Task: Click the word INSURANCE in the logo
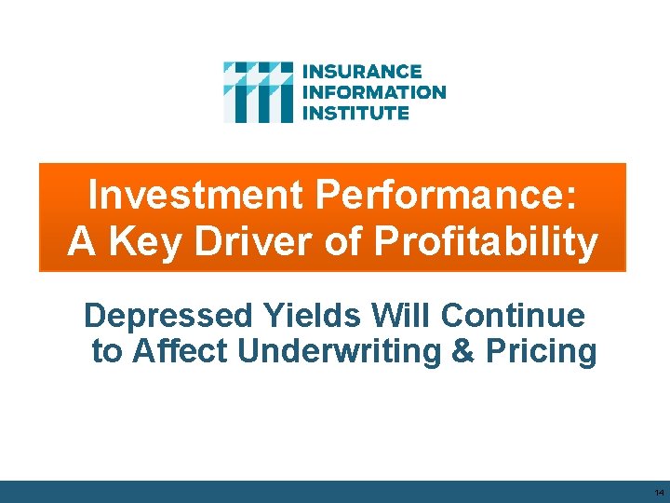(x=362, y=72)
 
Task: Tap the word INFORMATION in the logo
(x=375, y=92)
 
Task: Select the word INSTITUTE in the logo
(x=356, y=113)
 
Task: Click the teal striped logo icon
(x=258, y=92)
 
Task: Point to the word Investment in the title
(x=194, y=196)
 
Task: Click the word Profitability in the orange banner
(x=486, y=242)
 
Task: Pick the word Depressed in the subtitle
(x=167, y=317)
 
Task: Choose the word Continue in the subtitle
(x=514, y=317)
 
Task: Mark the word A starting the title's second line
(x=82, y=242)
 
